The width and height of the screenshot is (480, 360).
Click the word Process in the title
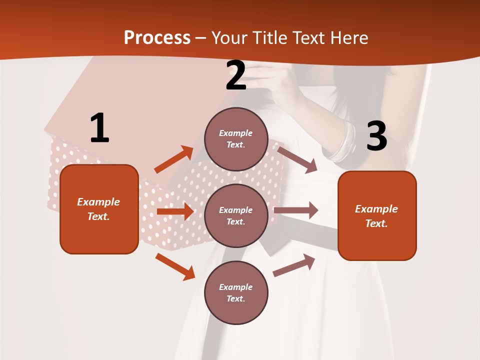click(157, 38)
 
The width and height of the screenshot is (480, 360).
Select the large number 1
click(99, 128)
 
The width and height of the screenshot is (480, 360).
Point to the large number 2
click(236, 76)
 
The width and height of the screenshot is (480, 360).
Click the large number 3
click(376, 136)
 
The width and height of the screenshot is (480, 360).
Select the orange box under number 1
click(99, 209)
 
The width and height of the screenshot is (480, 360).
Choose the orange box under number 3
click(377, 215)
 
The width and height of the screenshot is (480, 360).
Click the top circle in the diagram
click(236, 139)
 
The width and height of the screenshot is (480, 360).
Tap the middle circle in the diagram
click(236, 215)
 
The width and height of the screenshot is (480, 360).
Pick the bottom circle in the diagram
click(236, 292)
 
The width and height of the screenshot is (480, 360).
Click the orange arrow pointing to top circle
click(174, 159)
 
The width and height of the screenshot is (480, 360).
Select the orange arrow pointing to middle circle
click(175, 211)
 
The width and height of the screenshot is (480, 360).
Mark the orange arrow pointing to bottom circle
click(175, 266)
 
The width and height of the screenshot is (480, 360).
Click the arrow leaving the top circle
click(297, 159)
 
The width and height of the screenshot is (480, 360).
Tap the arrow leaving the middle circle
click(296, 210)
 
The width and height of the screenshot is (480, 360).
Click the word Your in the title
click(229, 38)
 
